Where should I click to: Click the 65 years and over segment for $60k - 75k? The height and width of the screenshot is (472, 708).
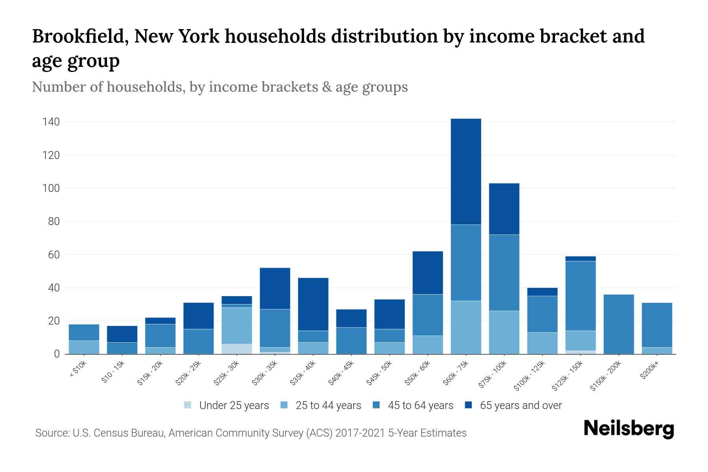[466, 171]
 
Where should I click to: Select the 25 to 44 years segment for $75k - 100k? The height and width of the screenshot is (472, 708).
[504, 332]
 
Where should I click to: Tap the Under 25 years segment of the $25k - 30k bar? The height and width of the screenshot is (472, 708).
[237, 349]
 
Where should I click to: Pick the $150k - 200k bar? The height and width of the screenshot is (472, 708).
[618, 324]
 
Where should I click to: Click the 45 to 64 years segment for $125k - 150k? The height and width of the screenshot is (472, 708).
[580, 296]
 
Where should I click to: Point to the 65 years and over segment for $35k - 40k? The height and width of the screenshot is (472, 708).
[313, 304]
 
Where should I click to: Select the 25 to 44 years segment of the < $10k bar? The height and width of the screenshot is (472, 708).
[84, 347]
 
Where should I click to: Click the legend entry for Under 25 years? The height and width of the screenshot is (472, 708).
[227, 405]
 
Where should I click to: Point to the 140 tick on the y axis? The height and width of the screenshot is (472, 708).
[51, 122]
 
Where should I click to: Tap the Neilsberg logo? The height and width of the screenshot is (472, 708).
[629, 429]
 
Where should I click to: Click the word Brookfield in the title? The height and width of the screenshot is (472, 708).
[80, 36]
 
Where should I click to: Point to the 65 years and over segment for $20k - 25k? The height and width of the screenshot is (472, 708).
[199, 315]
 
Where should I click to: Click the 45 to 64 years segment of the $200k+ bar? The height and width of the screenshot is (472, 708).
[656, 325]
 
